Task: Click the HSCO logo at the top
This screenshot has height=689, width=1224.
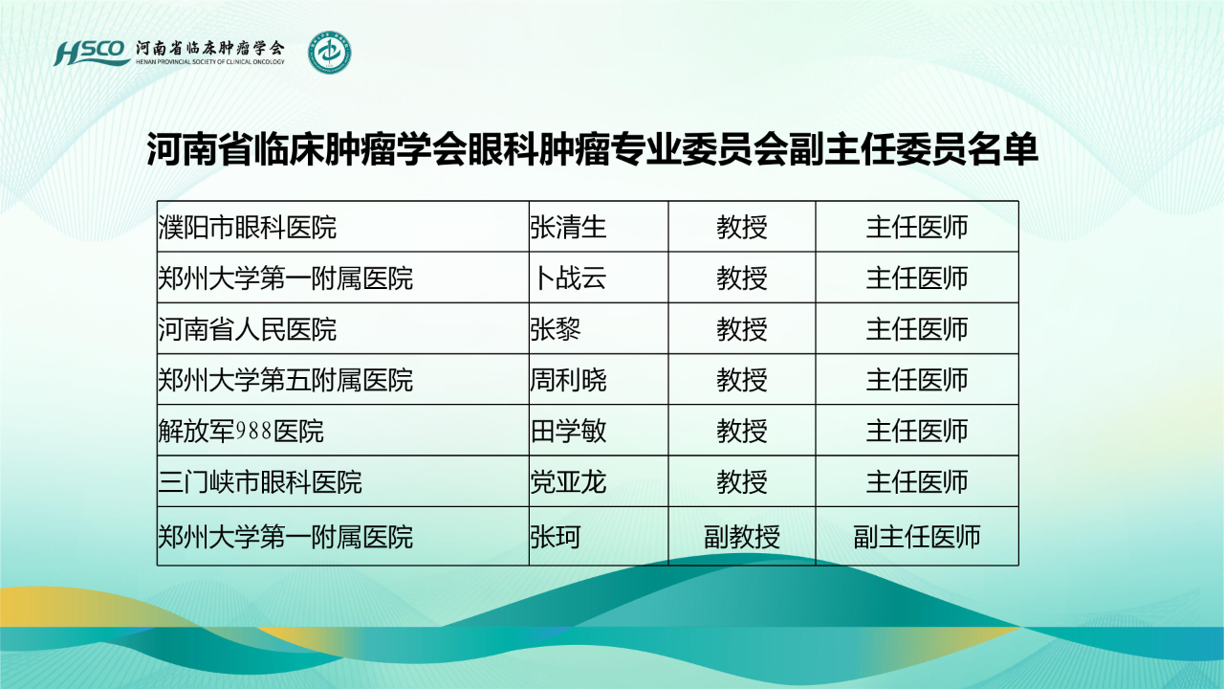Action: tap(91, 53)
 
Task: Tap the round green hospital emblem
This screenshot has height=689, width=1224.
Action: tap(330, 53)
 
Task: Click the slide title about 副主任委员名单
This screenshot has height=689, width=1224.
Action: tap(592, 148)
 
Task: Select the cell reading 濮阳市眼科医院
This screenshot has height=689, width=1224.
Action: tap(247, 228)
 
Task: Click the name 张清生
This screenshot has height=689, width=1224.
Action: tap(568, 228)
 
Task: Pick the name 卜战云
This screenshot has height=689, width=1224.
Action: tap(570, 278)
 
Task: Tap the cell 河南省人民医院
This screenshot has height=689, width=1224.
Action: tap(247, 329)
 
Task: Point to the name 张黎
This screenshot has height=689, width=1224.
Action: tap(556, 329)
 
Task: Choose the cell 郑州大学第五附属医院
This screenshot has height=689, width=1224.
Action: tap(285, 380)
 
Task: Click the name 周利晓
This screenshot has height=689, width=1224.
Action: tap(568, 380)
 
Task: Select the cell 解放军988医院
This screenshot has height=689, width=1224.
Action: tap(241, 431)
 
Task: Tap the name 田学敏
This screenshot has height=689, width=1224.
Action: tap(568, 431)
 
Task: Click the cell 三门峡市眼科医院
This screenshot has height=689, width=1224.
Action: tap(260, 481)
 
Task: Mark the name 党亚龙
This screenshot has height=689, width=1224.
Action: tap(568, 481)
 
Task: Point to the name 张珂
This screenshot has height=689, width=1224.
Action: tap(556, 537)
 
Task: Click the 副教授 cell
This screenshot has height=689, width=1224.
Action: tap(742, 537)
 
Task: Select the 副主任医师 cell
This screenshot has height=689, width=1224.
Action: tap(917, 537)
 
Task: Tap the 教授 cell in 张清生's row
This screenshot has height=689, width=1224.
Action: tap(742, 228)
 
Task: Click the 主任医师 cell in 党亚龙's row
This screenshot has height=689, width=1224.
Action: tap(917, 481)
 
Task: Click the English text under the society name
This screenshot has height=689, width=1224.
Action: tap(210, 62)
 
